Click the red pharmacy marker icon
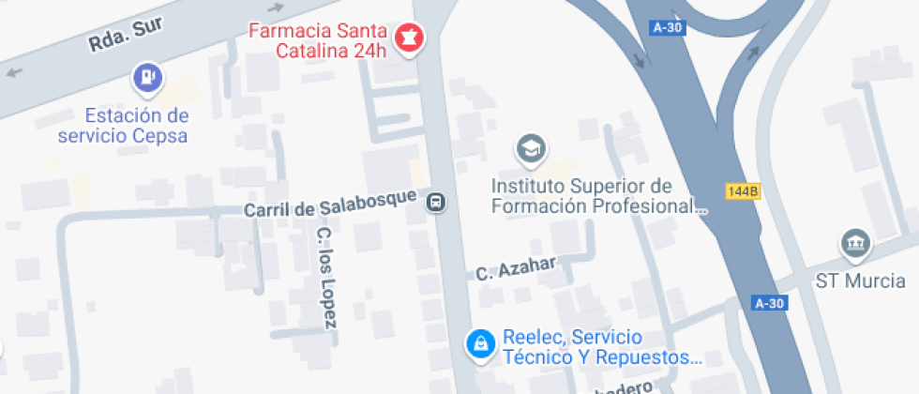click(410, 38)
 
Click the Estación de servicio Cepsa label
click(136, 126)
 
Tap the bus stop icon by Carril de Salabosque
click(437, 202)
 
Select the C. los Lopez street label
click(325, 278)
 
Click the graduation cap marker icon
click(532, 147)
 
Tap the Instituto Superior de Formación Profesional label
click(596, 195)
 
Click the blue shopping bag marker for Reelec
click(480, 343)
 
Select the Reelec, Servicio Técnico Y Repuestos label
click(600, 346)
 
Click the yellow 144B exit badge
click(742, 191)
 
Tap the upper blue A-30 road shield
click(667, 27)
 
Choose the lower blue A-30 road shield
click(769, 303)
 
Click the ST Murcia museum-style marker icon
click(855, 245)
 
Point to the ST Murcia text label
click(860, 280)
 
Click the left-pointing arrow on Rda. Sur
click(14, 72)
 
